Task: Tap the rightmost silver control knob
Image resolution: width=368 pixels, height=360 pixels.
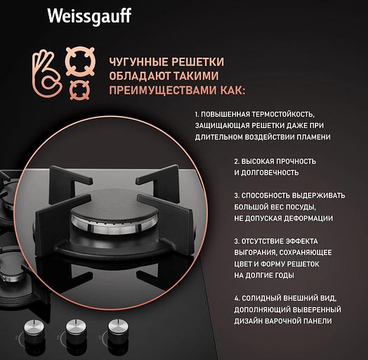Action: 117,328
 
